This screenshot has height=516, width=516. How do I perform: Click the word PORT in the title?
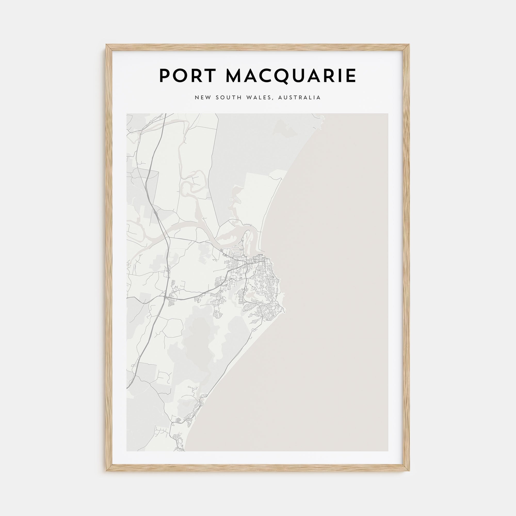[x=187, y=76]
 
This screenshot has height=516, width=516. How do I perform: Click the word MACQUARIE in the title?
[x=291, y=76]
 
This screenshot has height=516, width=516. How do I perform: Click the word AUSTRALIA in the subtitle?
[x=299, y=98]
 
